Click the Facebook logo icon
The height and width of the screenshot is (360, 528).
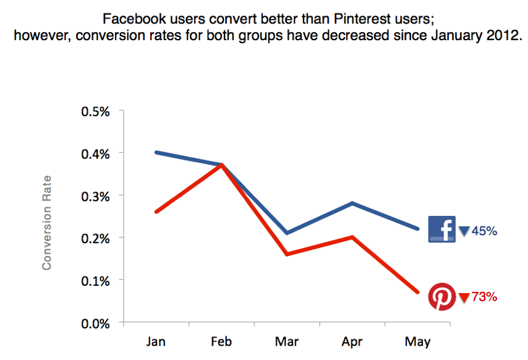pyautogui.click(x=441, y=229)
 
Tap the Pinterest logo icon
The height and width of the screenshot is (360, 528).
pyautogui.click(x=441, y=297)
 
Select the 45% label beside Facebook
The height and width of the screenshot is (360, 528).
pyautogui.click(x=485, y=231)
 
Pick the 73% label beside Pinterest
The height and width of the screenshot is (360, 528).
pyautogui.click(x=485, y=298)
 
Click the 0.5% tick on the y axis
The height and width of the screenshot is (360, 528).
pyautogui.click(x=95, y=112)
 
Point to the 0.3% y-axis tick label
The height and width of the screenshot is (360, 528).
pyautogui.click(x=95, y=196)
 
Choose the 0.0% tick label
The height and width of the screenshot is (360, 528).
pyautogui.click(x=95, y=323)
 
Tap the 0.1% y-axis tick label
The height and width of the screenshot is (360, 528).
pyautogui.click(x=95, y=280)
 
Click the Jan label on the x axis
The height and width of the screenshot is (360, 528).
pyautogui.click(x=155, y=342)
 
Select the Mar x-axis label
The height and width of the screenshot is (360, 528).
pyautogui.click(x=287, y=342)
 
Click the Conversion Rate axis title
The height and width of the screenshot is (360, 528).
pyautogui.click(x=46, y=222)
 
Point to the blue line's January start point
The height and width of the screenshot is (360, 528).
pyautogui.click(x=156, y=152)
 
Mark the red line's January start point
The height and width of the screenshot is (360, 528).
pyautogui.click(x=156, y=212)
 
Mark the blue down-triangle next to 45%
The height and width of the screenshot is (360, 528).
pyautogui.click(x=464, y=232)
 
